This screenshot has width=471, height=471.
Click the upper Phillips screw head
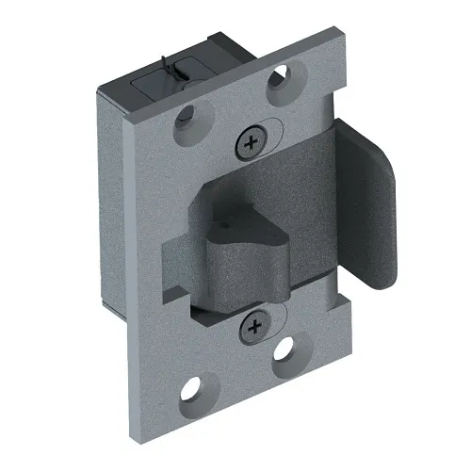[x=250, y=143]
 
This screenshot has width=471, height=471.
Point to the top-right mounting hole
[x=282, y=83]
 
